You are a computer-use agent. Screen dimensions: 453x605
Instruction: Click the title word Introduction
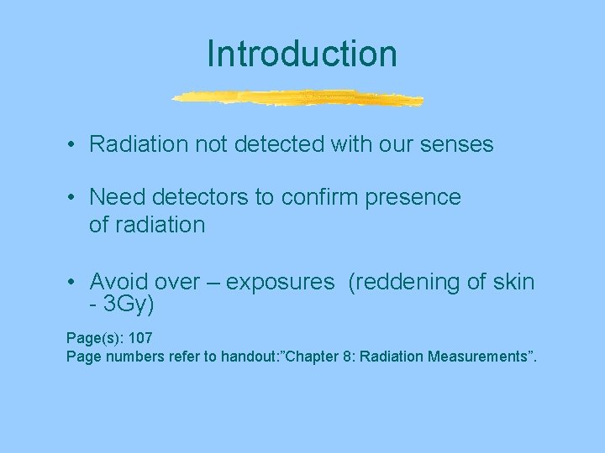[x=302, y=54]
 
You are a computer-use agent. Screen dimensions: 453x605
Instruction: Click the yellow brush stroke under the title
[x=298, y=98]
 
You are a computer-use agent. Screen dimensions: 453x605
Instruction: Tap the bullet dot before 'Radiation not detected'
[x=74, y=145]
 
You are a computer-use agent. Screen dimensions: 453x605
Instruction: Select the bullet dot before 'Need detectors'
[x=74, y=197]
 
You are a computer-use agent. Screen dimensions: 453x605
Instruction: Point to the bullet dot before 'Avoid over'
[x=74, y=282]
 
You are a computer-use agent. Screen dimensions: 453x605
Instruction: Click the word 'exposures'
[x=280, y=283]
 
